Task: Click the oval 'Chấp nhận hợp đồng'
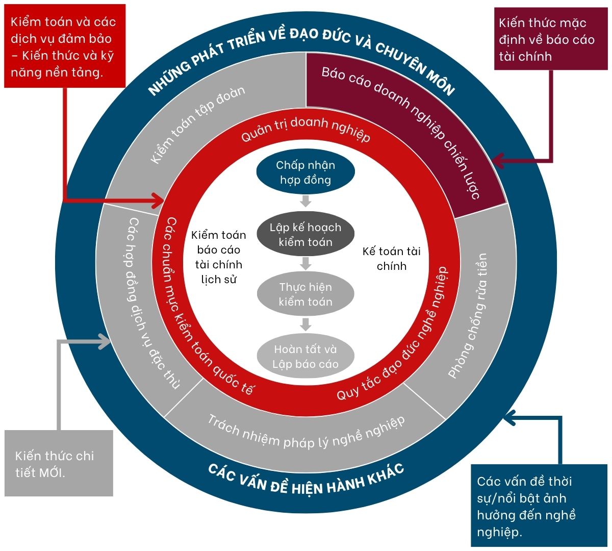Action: point(305,173)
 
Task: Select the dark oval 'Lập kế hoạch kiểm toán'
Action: point(305,235)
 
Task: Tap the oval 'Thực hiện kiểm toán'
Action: point(305,294)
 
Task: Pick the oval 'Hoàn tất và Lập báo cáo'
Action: point(305,357)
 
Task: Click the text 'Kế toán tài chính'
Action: point(391,258)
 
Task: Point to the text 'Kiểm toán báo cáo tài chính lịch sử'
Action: point(219,257)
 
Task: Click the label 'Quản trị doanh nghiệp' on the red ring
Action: point(305,131)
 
